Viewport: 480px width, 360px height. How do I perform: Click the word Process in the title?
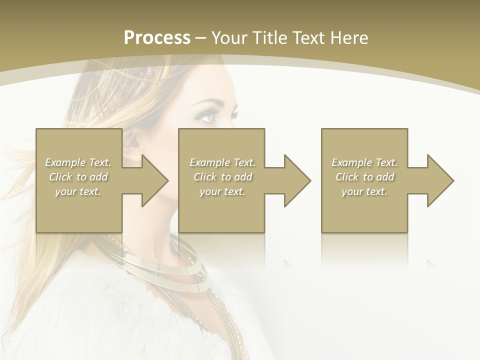coord(157,38)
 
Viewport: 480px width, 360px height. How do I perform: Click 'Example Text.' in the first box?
coord(78,162)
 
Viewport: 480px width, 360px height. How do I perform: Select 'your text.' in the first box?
coord(78,191)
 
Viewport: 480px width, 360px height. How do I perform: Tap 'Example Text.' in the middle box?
coord(222,162)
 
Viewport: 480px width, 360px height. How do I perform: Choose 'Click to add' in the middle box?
coord(222,177)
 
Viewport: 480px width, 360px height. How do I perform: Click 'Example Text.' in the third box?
coord(364,162)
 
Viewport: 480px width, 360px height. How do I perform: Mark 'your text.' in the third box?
coord(364,191)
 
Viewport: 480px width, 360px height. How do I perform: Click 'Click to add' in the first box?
coord(78,177)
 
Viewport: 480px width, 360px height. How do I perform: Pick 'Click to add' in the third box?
coord(364,177)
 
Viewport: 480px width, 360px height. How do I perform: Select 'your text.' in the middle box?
coord(222,191)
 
